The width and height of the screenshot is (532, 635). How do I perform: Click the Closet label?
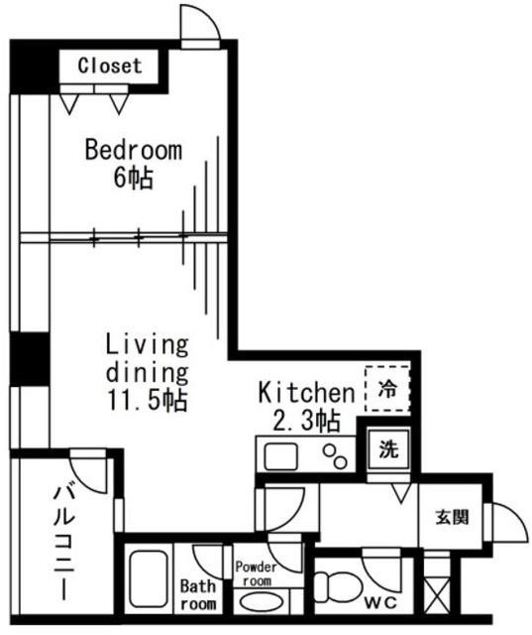point(109,66)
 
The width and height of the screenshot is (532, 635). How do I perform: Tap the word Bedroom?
point(133,151)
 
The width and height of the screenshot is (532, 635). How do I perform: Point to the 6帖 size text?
point(133,179)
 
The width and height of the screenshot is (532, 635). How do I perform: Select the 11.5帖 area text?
point(147,401)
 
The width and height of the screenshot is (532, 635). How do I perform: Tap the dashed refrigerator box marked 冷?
point(387,389)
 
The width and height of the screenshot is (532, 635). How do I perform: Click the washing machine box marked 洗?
point(388,448)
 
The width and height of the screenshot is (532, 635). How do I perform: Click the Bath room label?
point(197,595)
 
